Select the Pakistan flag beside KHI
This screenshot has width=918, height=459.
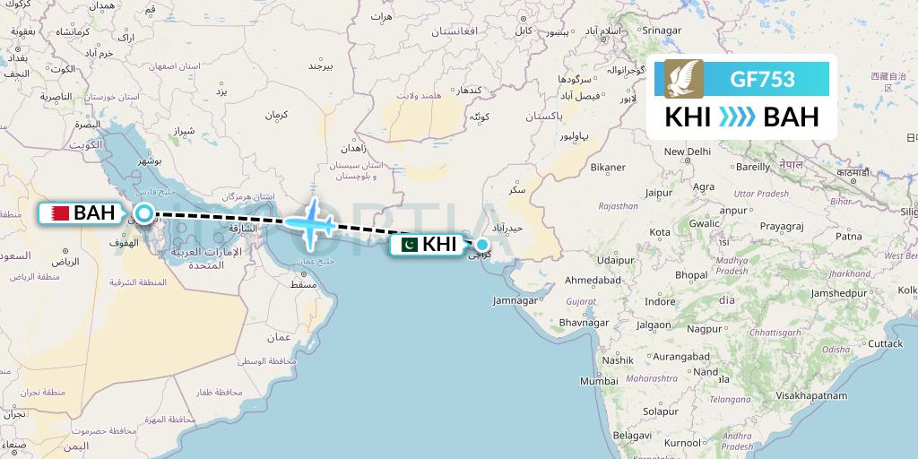409,244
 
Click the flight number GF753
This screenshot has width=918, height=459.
763,80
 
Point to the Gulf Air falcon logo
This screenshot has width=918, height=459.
684,80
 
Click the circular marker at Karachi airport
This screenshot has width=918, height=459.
482,244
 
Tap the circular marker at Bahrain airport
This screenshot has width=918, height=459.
143,213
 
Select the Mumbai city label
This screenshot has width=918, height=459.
599,381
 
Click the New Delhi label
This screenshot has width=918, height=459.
687,152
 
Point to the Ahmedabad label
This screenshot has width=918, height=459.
593,281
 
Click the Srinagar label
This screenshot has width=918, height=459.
662,30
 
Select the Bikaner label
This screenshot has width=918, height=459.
608,167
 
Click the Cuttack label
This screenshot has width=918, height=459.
885,343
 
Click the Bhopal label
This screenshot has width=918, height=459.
691,274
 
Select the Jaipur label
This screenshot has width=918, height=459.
658,192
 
